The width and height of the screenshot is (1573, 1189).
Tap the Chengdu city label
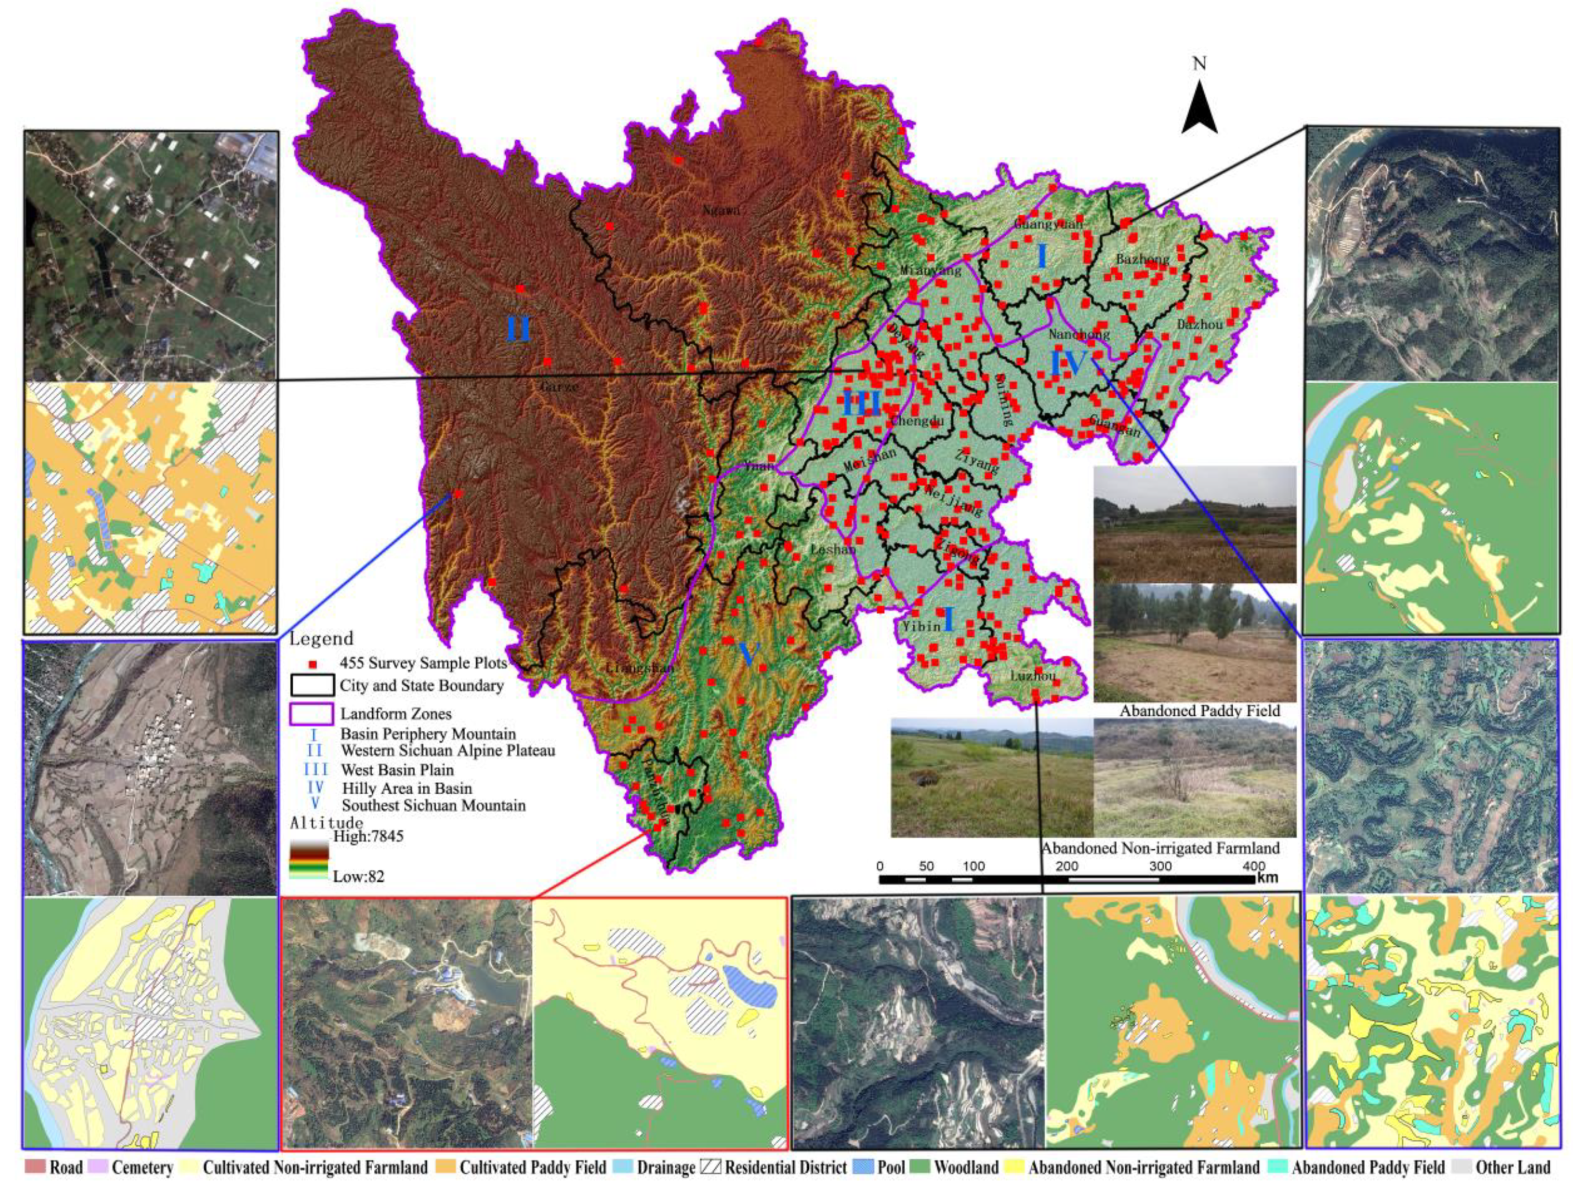(917, 420)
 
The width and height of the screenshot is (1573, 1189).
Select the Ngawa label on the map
(722, 211)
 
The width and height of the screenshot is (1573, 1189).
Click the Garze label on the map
(559, 388)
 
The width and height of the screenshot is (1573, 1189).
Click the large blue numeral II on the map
(519, 329)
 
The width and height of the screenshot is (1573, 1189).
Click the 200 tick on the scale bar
(1067, 866)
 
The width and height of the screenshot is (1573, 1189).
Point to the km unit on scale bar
(1266, 878)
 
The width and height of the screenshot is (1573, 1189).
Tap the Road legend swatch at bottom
(35, 1167)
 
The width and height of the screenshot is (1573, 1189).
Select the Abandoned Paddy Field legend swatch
(1279, 1167)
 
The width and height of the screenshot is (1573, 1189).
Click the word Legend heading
(321, 638)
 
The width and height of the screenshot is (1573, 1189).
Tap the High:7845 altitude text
(368, 836)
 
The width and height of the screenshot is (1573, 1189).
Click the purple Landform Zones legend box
(311, 714)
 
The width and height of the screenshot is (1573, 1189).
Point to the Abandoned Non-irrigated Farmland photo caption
(1160, 848)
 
